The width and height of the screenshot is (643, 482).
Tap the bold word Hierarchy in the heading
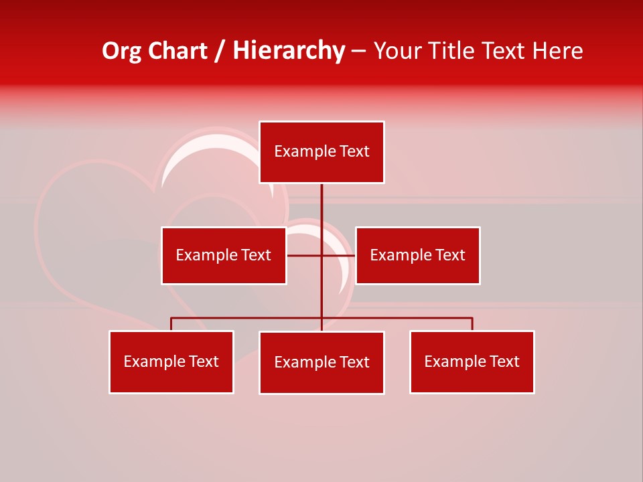[x=289, y=51]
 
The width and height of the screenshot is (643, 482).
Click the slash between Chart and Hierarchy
[x=220, y=52]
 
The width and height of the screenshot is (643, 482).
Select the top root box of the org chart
[x=321, y=152]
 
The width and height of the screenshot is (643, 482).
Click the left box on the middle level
[x=224, y=255]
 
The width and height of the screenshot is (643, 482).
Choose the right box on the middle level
[x=417, y=255]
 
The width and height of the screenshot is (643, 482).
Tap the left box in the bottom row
[x=171, y=361]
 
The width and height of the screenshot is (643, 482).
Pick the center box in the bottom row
[x=321, y=362]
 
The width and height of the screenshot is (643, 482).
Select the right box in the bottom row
[x=472, y=361]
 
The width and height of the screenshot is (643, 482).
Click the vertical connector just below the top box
[x=321, y=204]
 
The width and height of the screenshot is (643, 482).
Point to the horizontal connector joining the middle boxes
[x=305, y=255]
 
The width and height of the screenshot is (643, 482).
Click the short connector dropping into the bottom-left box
[x=171, y=324]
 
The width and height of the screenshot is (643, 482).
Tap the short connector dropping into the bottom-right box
[x=472, y=324]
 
